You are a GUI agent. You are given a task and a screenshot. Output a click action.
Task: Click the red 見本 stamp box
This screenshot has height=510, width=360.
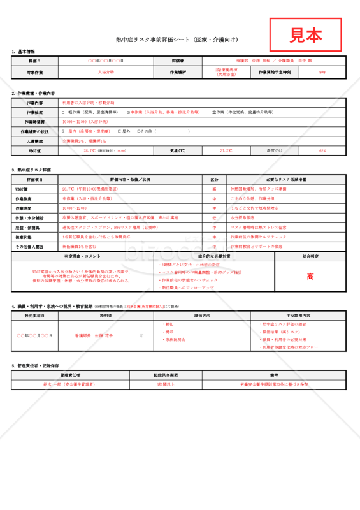pyautogui.click(x=306, y=35)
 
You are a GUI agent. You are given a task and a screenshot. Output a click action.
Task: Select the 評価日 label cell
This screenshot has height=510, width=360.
pyautogui.click(x=35, y=61)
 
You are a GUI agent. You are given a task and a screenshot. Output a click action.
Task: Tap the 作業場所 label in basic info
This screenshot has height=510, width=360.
pyautogui.click(x=178, y=72)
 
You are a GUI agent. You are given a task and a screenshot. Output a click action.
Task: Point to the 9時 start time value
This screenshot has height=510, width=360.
pyautogui.click(x=322, y=72)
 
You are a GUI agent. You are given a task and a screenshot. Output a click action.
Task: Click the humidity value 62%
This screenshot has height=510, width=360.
pyautogui.click(x=322, y=151)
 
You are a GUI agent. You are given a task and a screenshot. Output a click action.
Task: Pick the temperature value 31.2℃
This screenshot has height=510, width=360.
pyautogui.click(x=226, y=151)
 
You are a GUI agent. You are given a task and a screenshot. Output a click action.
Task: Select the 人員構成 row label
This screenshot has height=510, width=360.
pyautogui.click(x=35, y=140)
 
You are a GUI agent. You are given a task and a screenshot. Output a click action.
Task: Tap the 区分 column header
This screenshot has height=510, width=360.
pyautogui.click(x=215, y=179)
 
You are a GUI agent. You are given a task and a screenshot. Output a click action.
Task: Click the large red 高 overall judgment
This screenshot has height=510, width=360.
pyautogui.click(x=310, y=277)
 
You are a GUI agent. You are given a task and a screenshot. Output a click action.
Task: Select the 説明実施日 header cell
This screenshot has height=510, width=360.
pyautogui.click(x=35, y=316)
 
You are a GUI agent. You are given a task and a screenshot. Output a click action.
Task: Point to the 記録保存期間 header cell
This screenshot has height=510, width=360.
pyautogui.click(x=166, y=375)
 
